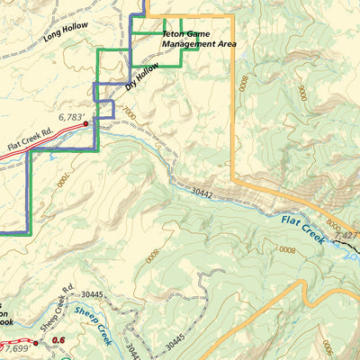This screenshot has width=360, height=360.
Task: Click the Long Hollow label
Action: (65, 30)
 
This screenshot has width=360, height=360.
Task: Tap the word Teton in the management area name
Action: (173, 33)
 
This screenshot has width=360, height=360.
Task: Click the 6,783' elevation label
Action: (75, 116)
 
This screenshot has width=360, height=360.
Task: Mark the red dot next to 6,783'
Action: (86, 124)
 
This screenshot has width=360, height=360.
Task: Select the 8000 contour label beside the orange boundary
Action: (241, 85)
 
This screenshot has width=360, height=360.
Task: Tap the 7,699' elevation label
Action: (15, 346)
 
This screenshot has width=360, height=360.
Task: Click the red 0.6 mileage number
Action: (59, 339)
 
